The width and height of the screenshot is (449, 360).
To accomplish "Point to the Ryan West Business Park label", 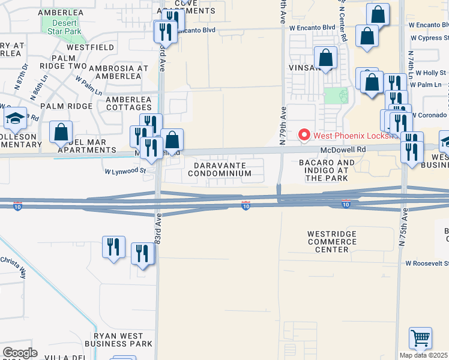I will (x=119, y=340).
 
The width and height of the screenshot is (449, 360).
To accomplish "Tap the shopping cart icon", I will (x=420, y=338).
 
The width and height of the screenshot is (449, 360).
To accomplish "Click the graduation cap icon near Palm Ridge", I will (x=14, y=118).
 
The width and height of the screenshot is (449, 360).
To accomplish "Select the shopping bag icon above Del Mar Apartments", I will (x=61, y=132).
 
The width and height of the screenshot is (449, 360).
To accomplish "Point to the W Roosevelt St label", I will (x=427, y=263).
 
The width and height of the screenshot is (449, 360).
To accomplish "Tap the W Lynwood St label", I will (x=126, y=170).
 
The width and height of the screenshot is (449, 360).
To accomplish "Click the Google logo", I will (x=20, y=353).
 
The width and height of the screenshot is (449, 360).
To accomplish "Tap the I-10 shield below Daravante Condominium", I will (x=246, y=205).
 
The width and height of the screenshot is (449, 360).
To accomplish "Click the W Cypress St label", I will (x=430, y=38).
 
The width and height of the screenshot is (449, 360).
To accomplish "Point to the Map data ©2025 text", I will (x=424, y=355).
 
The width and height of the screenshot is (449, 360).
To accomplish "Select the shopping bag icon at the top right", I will (x=378, y=15).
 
